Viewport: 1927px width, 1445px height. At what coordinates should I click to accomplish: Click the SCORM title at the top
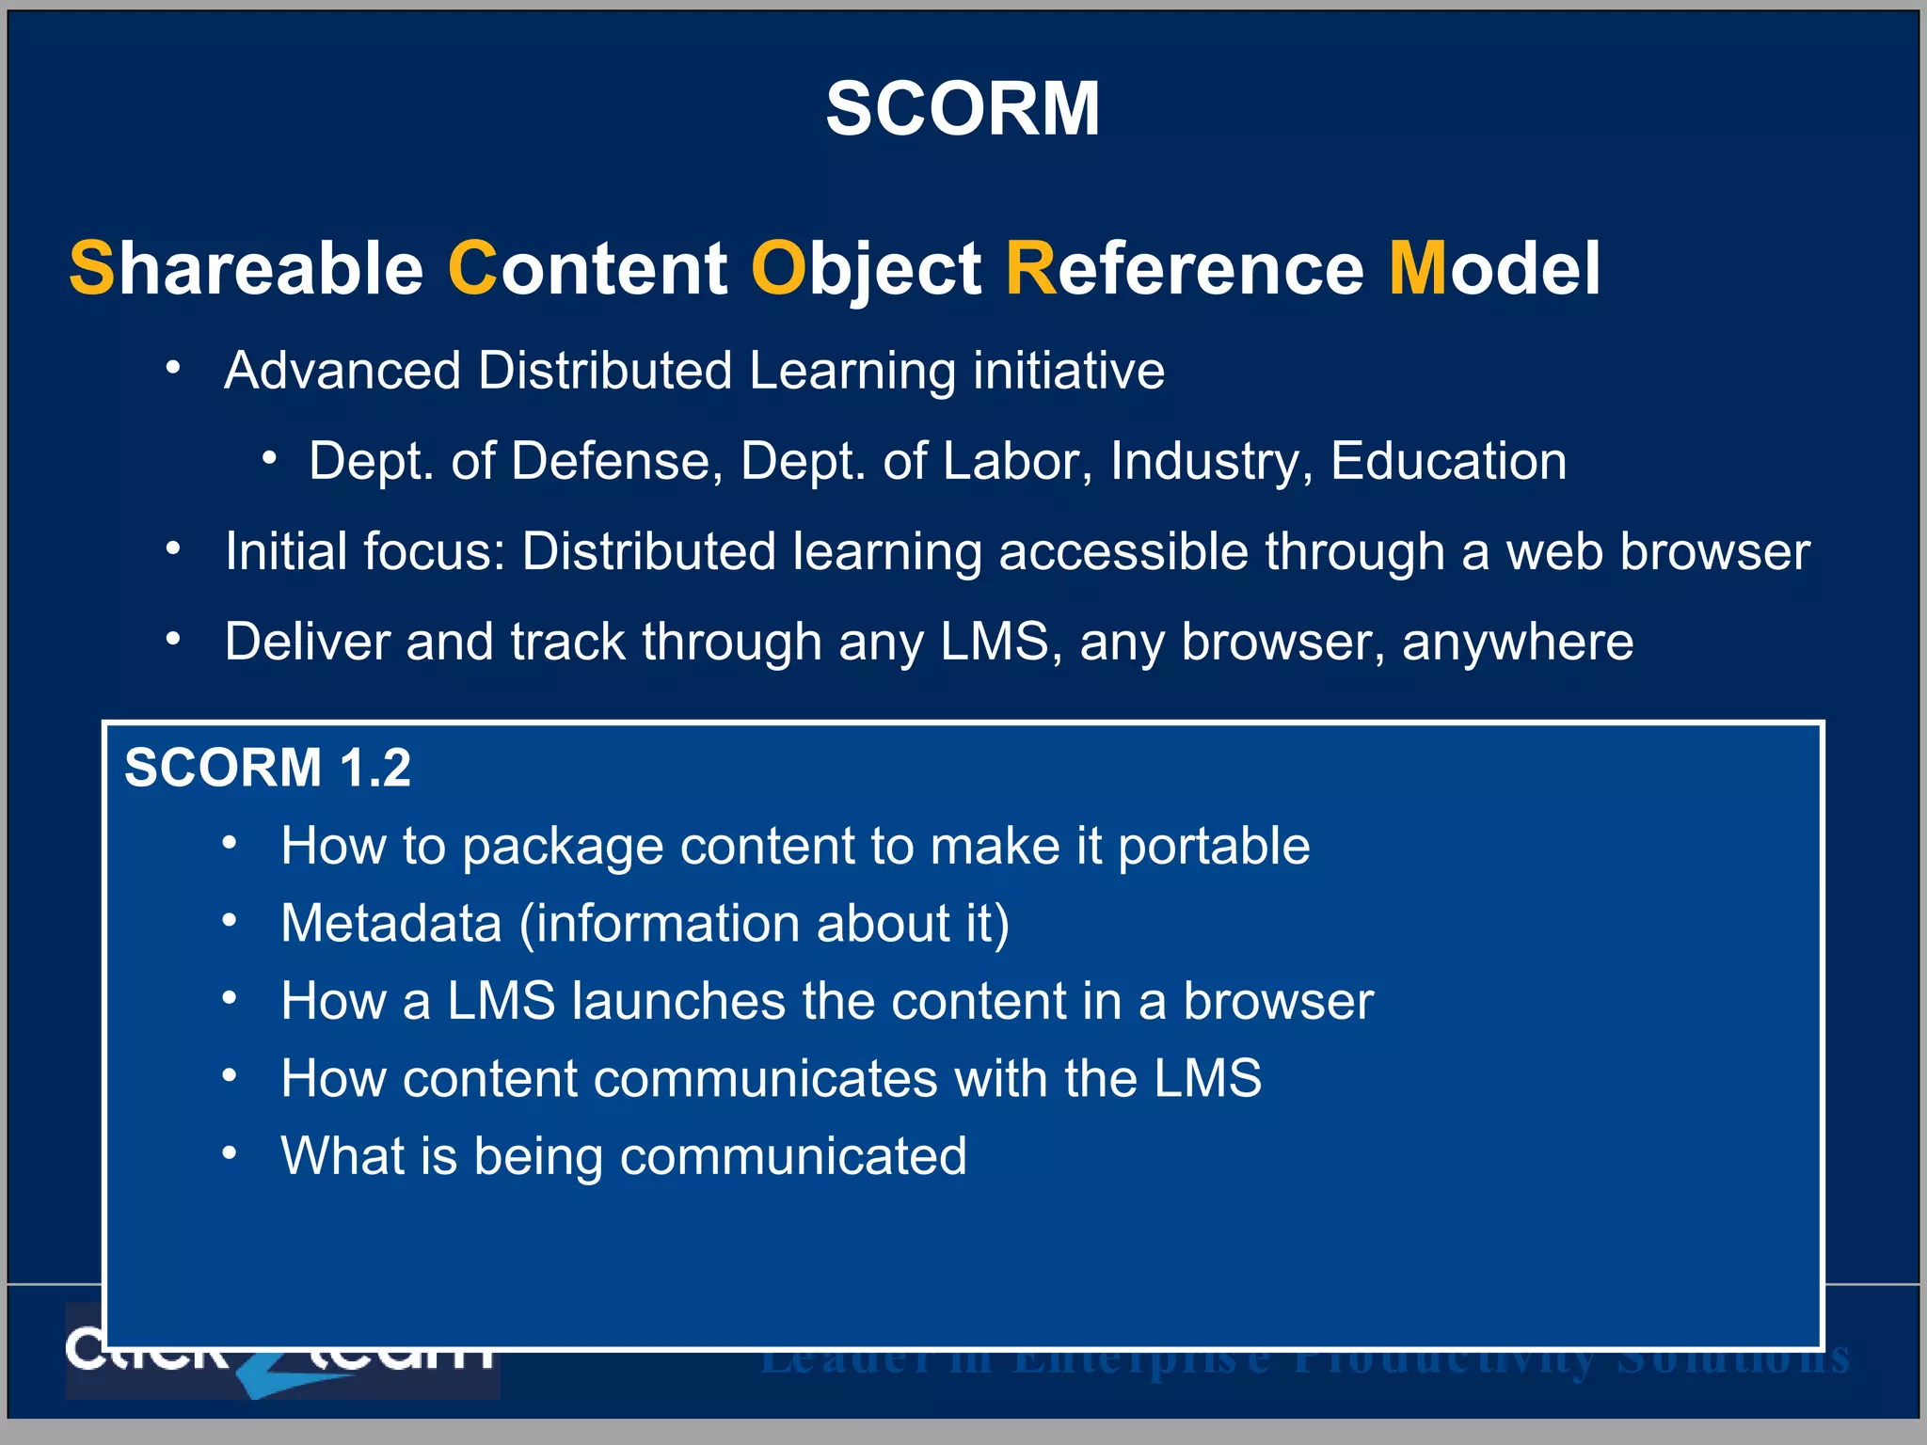963,109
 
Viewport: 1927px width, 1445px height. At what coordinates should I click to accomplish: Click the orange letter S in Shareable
91,268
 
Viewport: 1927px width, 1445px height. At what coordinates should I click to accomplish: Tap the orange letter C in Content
471,268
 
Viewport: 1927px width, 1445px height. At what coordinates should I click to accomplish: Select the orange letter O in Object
775,268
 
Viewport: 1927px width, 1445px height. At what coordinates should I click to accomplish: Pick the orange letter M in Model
1417,268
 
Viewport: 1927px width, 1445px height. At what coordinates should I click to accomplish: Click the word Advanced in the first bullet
342,371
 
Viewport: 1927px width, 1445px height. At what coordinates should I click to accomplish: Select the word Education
1448,461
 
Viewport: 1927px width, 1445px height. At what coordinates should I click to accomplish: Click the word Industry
1211,463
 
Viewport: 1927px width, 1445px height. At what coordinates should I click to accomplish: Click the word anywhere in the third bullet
1517,643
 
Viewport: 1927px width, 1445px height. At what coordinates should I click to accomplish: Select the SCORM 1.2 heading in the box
267,768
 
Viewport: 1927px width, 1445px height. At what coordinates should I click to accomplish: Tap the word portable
1214,847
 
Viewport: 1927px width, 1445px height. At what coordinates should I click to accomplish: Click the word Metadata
391,923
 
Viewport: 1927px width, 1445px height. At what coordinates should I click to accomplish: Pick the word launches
677,1001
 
